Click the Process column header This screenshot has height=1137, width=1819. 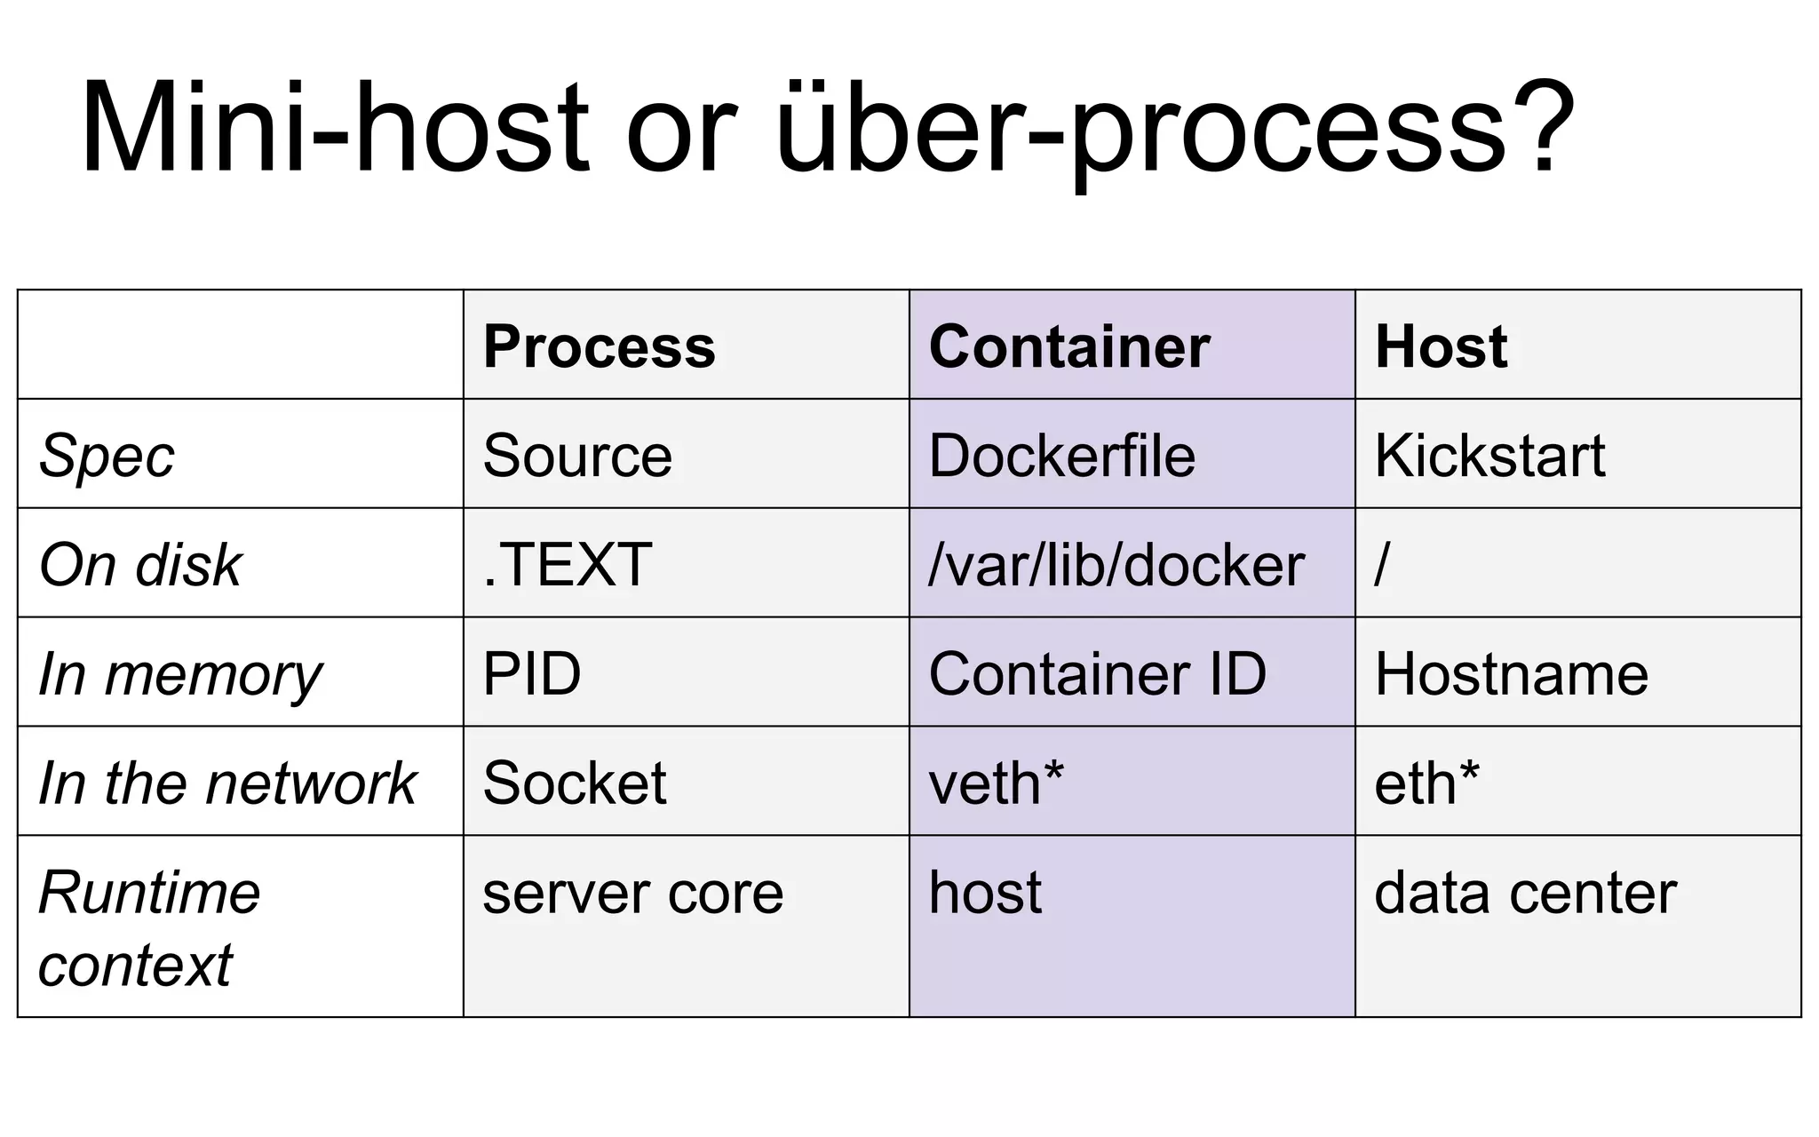click(x=599, y=346)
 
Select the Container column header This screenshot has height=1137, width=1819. click(x=1068, y=346)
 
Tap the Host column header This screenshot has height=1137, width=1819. click(x=1441, y=346)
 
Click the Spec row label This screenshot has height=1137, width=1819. click(x=107, y=456)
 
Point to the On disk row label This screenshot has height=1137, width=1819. click(x=140, y=565)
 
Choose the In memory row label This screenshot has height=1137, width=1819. click(x=180, y=674)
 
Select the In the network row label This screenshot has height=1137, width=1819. click(x=227, y=783)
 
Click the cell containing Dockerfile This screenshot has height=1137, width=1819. click(x=1061, y=456)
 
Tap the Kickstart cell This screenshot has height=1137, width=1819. click(x=1489, y=456)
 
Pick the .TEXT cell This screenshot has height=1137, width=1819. click(x=567, y=565)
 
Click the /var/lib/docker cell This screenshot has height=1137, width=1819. click(x=1116, y=565)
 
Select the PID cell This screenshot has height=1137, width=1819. click(x=531, y=674)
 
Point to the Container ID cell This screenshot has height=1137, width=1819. click(x=1097, y=674)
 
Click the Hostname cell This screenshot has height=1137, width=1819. click(x=1511, y=674)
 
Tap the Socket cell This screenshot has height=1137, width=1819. click(x=574, y=783)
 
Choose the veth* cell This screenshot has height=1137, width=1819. click(x=996, y=783)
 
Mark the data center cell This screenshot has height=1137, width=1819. click(x=1525, y=893)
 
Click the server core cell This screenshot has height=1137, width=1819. click(x=632, y=893)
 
